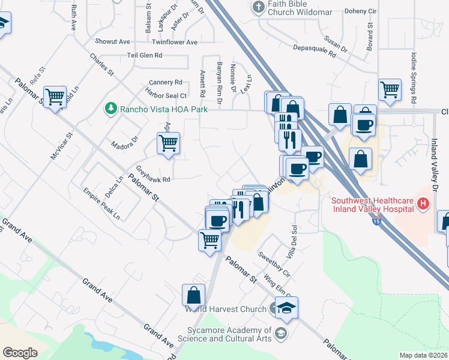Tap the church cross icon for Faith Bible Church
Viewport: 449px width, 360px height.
click(259, 8)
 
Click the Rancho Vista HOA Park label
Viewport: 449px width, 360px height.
click(163, 109)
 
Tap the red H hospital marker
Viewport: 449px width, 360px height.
click(424, 204)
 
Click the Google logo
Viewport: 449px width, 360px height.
click(20, 353)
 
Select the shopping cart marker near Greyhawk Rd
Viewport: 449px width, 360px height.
click(168, 144)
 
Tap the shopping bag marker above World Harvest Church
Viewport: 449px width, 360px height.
click(193, 295)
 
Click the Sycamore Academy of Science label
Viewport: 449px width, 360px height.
click(229, 335)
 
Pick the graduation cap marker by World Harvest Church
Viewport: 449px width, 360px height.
click(287, 308)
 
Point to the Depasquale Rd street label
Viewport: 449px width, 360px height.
click(313, 50)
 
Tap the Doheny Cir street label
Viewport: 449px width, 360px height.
click(360, 11)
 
